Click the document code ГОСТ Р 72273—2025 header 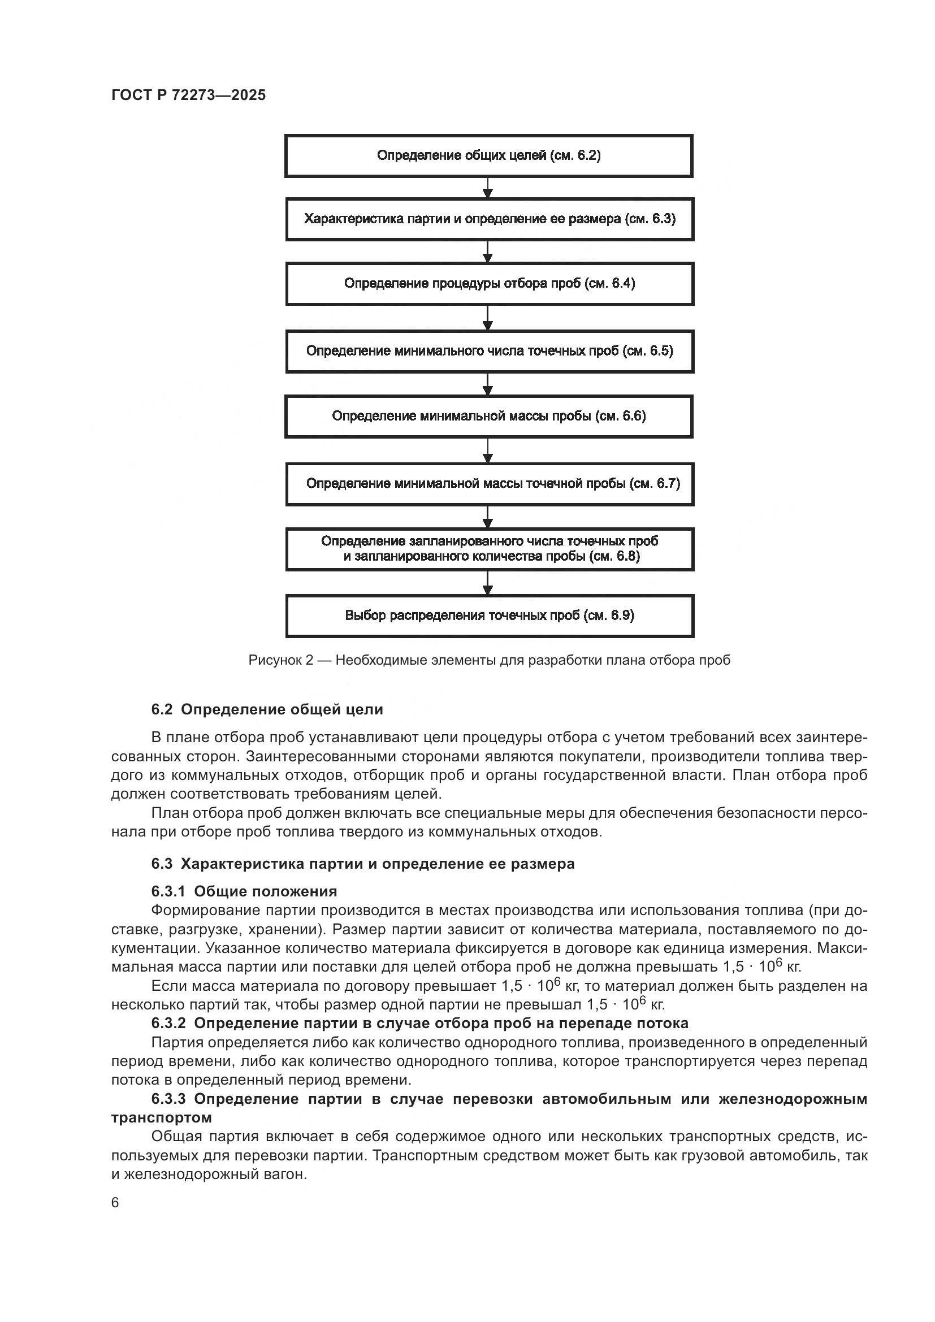[x=188, y=95]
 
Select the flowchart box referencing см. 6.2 [x=489, y=155]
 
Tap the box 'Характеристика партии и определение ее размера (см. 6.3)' [x=490, y=219]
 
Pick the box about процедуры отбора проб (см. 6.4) [x=490, y=283]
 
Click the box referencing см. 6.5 [x=490, y=351]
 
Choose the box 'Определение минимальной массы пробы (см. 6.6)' [x=489, y=417]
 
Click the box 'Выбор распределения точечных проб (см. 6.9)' [x=490, y=616]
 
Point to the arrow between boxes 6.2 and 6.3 [x=488, y=188]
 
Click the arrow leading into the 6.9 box [x=488, y=583]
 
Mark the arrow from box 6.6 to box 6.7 [x=488, y=451]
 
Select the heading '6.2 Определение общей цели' [x=267, y=709]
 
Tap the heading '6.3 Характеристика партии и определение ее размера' [x=363, y=864]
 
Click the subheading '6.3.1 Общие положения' [x=244, y=891]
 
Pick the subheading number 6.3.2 [x=168, y=1023]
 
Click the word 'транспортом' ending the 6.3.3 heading [x=161, y=1117]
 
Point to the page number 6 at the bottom [x=115, y=1203]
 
